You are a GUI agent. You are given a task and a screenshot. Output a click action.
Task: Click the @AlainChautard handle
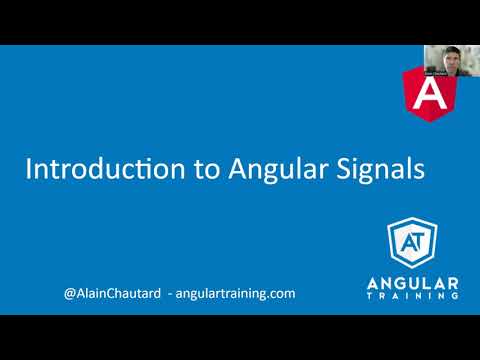pos(111,294)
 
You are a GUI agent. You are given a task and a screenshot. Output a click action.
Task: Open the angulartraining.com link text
pos(236,294)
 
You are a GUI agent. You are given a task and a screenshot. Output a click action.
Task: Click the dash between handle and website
pos(170,294)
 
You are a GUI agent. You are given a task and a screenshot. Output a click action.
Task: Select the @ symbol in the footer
pos(68,294)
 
